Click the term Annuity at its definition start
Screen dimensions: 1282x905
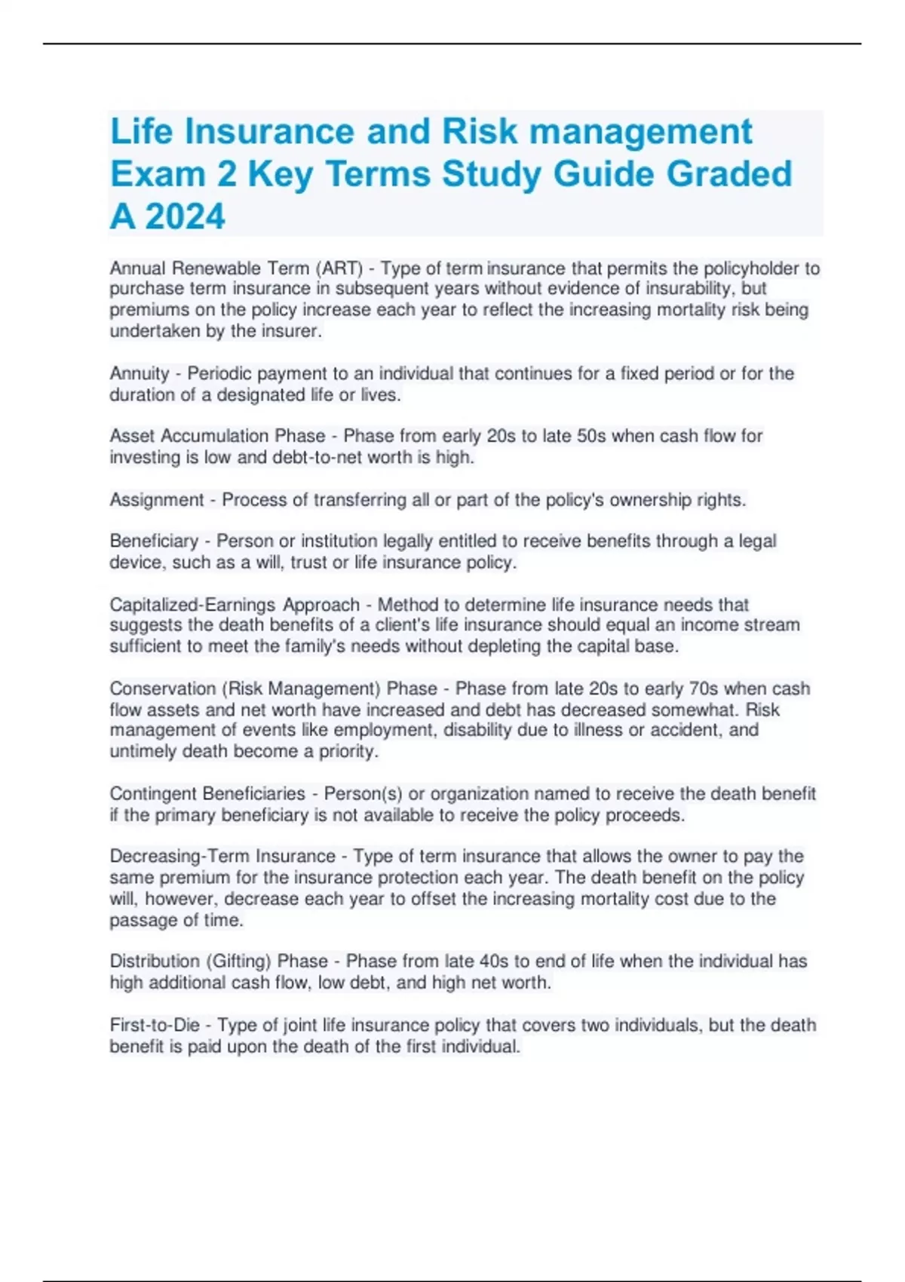tap(140, 373)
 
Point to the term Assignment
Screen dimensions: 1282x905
tap(157, 500)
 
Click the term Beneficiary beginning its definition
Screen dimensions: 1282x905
tap(154, 541)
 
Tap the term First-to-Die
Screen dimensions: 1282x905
tap(155, 1025)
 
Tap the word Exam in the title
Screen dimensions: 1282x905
tap(158, 173)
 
